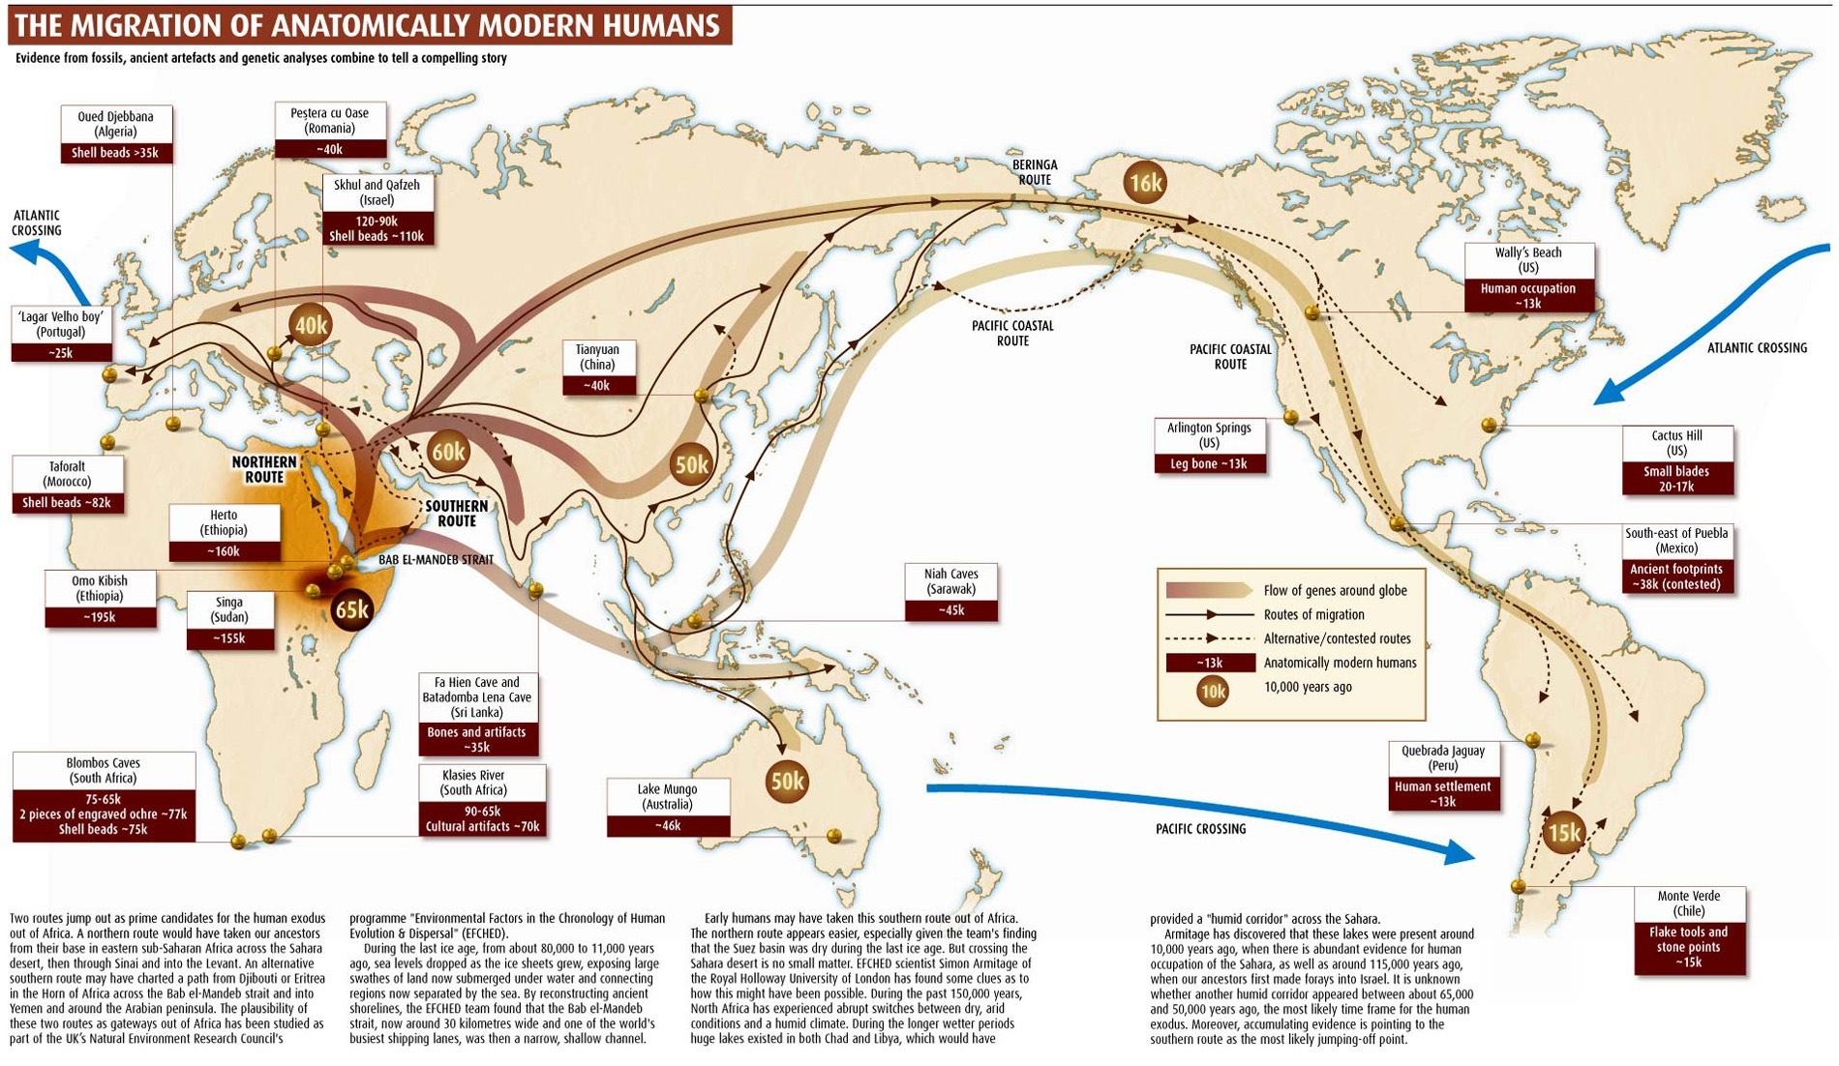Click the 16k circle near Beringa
[1145, 182]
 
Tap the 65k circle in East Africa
[351, 608]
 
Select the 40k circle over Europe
[311, 325]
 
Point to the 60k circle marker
[448, 452]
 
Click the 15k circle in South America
[1564, 833]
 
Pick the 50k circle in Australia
[787, 781]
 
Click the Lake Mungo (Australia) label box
[668, 807]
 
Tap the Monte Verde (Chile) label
[1689, 930]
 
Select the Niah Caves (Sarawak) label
[950, 592]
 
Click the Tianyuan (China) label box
[597, 368]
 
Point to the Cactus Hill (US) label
[1676, 460]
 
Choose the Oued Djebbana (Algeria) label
[115, 133]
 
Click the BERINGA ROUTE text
[1035, 172]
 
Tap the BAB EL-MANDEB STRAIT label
[436, 559]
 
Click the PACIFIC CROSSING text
[1200, 829]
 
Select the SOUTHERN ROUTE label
[456, 514]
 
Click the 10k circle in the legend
[1212, 691]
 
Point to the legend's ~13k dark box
[1210, 663]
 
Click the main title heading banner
[369, 24]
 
